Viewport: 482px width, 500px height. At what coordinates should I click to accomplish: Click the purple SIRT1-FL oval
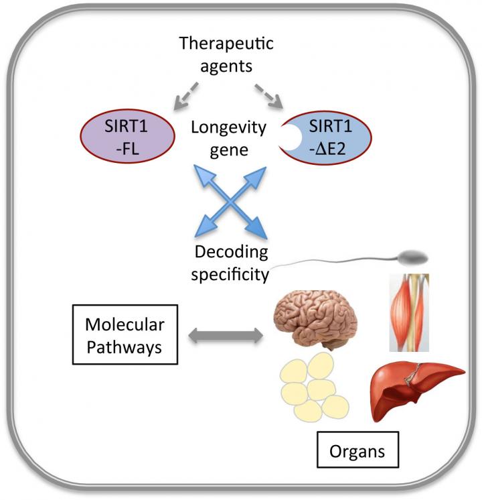point(127,133)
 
